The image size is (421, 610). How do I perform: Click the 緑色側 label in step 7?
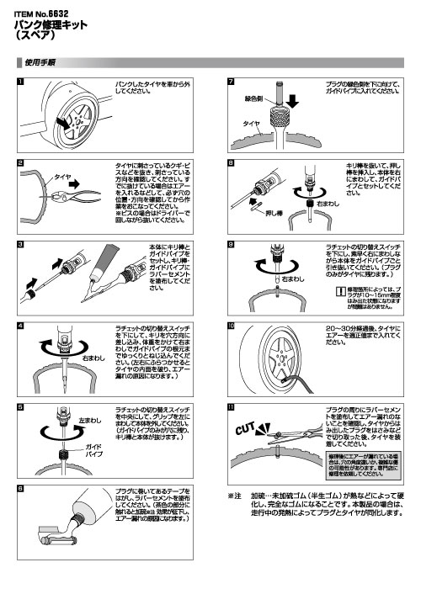[x=257, y=98]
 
